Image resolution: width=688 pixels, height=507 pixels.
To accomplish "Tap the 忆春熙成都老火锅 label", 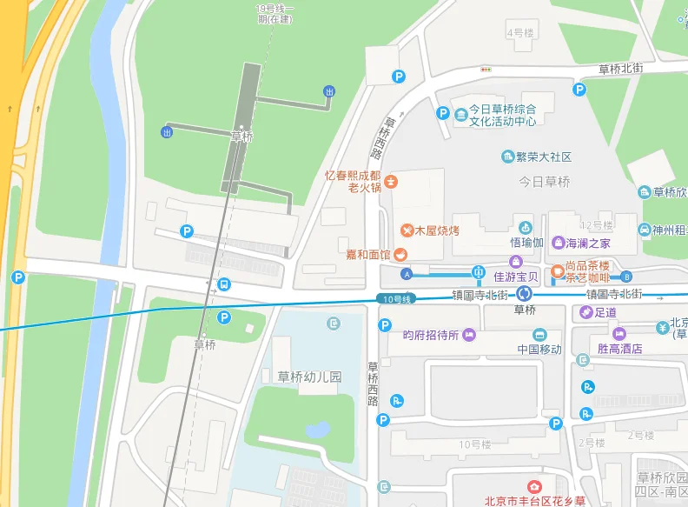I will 353,181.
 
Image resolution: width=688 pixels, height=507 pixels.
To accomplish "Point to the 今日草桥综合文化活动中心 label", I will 502,115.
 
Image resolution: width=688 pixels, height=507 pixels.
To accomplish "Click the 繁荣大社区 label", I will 543,157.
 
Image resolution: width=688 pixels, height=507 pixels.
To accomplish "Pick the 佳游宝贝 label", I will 517,277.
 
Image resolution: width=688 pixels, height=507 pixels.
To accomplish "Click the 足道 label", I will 605,312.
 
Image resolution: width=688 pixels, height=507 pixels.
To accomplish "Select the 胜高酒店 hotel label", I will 620,348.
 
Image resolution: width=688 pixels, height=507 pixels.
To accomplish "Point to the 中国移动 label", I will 540,349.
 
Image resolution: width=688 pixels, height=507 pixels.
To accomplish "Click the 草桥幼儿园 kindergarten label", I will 309,377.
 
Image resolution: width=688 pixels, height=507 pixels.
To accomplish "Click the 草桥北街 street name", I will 620,68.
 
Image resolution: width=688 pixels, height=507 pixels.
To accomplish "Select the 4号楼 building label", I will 519,33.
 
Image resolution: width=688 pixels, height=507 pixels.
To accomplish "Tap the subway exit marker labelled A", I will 406,274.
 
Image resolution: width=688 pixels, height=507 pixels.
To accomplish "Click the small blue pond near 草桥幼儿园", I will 318,430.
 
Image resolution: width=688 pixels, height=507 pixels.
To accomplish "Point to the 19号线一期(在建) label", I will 275,13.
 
